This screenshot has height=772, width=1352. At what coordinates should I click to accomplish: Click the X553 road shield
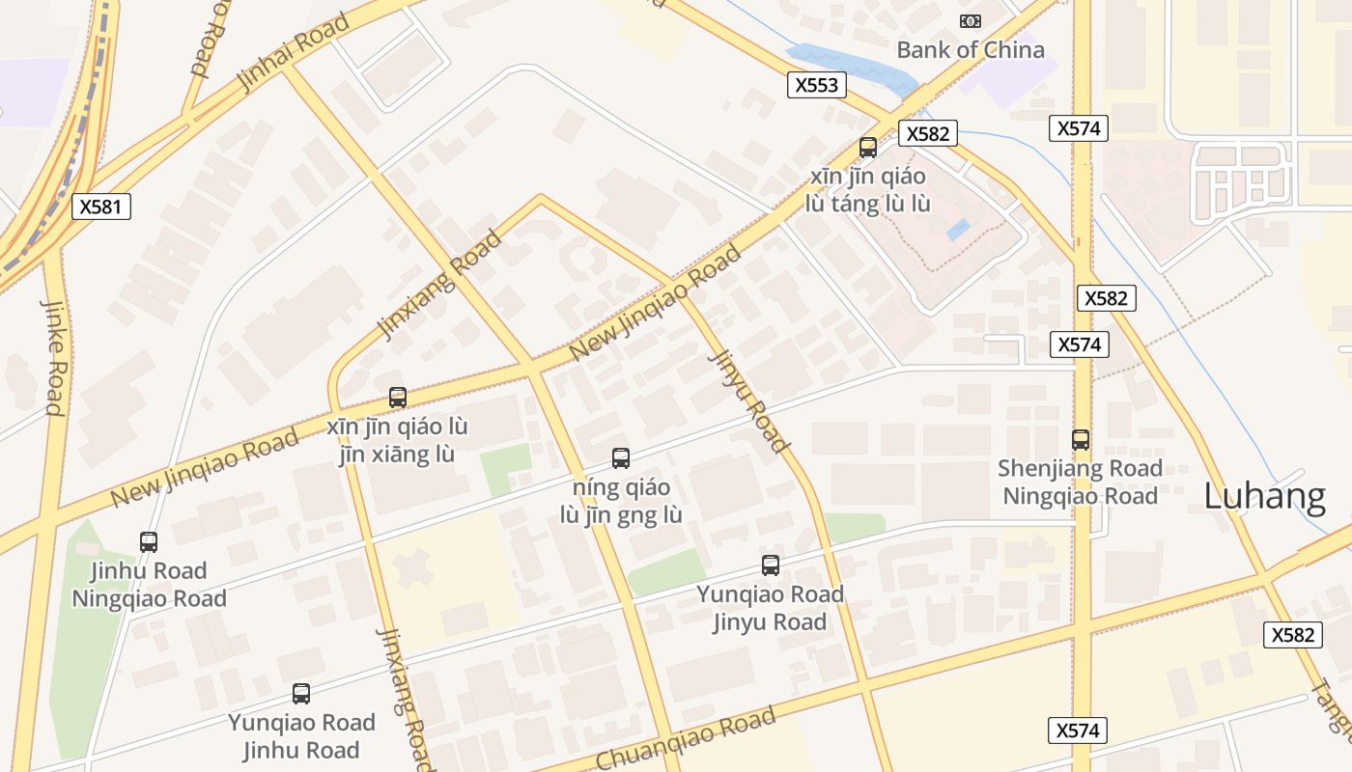816,85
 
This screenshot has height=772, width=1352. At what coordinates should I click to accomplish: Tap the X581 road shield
100,207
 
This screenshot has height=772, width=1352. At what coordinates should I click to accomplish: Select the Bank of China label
970,50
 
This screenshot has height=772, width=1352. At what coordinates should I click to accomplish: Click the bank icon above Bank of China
970,21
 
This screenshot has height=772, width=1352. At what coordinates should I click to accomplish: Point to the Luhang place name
1264,496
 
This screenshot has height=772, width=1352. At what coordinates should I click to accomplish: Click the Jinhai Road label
292,53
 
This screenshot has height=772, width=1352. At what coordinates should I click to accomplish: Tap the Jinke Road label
53,356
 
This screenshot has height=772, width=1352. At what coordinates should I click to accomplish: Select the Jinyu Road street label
749,400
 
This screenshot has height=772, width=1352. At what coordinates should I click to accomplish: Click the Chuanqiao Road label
686,740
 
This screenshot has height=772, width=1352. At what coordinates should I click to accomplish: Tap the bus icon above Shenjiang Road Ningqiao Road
1081,440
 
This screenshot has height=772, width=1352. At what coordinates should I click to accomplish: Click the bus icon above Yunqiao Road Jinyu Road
770,565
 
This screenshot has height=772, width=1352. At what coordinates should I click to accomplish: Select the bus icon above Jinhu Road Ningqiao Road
149,542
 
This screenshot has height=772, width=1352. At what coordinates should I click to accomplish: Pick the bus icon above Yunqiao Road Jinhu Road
301,694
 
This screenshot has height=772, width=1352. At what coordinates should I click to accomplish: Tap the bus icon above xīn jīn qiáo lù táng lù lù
868,148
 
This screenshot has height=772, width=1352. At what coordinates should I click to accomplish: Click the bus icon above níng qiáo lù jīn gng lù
621,458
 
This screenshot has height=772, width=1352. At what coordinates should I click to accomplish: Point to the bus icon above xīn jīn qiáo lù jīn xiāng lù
397,397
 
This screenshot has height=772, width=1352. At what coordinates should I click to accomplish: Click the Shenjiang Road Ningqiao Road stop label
1080,482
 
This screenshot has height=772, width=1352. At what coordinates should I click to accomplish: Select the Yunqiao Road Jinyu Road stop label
770,608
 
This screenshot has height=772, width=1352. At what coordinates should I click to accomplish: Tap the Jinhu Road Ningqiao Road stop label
149,585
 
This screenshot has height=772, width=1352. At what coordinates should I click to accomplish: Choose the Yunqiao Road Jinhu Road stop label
301,736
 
